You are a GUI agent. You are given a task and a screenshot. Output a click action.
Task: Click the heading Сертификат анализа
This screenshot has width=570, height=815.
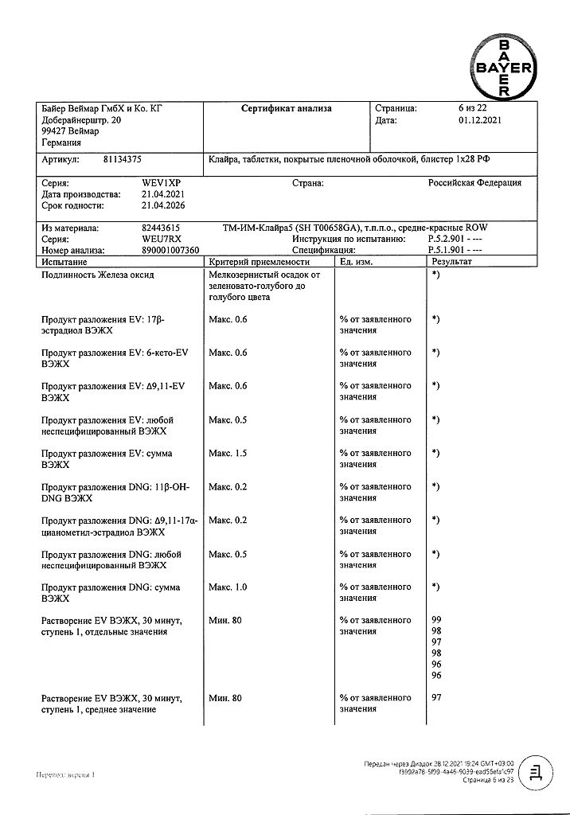pos(287,109)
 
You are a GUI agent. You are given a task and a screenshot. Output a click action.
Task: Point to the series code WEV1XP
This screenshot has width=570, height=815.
pos(161,183)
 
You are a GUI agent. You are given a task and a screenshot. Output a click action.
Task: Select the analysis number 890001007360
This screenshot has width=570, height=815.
pos(170,250)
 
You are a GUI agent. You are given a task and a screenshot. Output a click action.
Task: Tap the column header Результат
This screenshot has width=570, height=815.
pos(451,261)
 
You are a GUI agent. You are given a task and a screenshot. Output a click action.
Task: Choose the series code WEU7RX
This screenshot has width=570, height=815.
pos(162,239)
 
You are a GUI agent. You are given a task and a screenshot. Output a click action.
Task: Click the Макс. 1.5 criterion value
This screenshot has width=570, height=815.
pos(228,454)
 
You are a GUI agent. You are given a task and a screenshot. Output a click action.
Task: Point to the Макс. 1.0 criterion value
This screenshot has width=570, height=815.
pos(228,587)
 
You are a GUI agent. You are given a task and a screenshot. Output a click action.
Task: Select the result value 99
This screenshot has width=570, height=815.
pos(436,620)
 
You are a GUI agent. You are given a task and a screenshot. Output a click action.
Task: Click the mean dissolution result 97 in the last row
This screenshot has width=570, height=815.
pos(436,698)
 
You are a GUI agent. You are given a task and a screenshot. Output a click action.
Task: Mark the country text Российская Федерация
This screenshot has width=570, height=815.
pos(474,183)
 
